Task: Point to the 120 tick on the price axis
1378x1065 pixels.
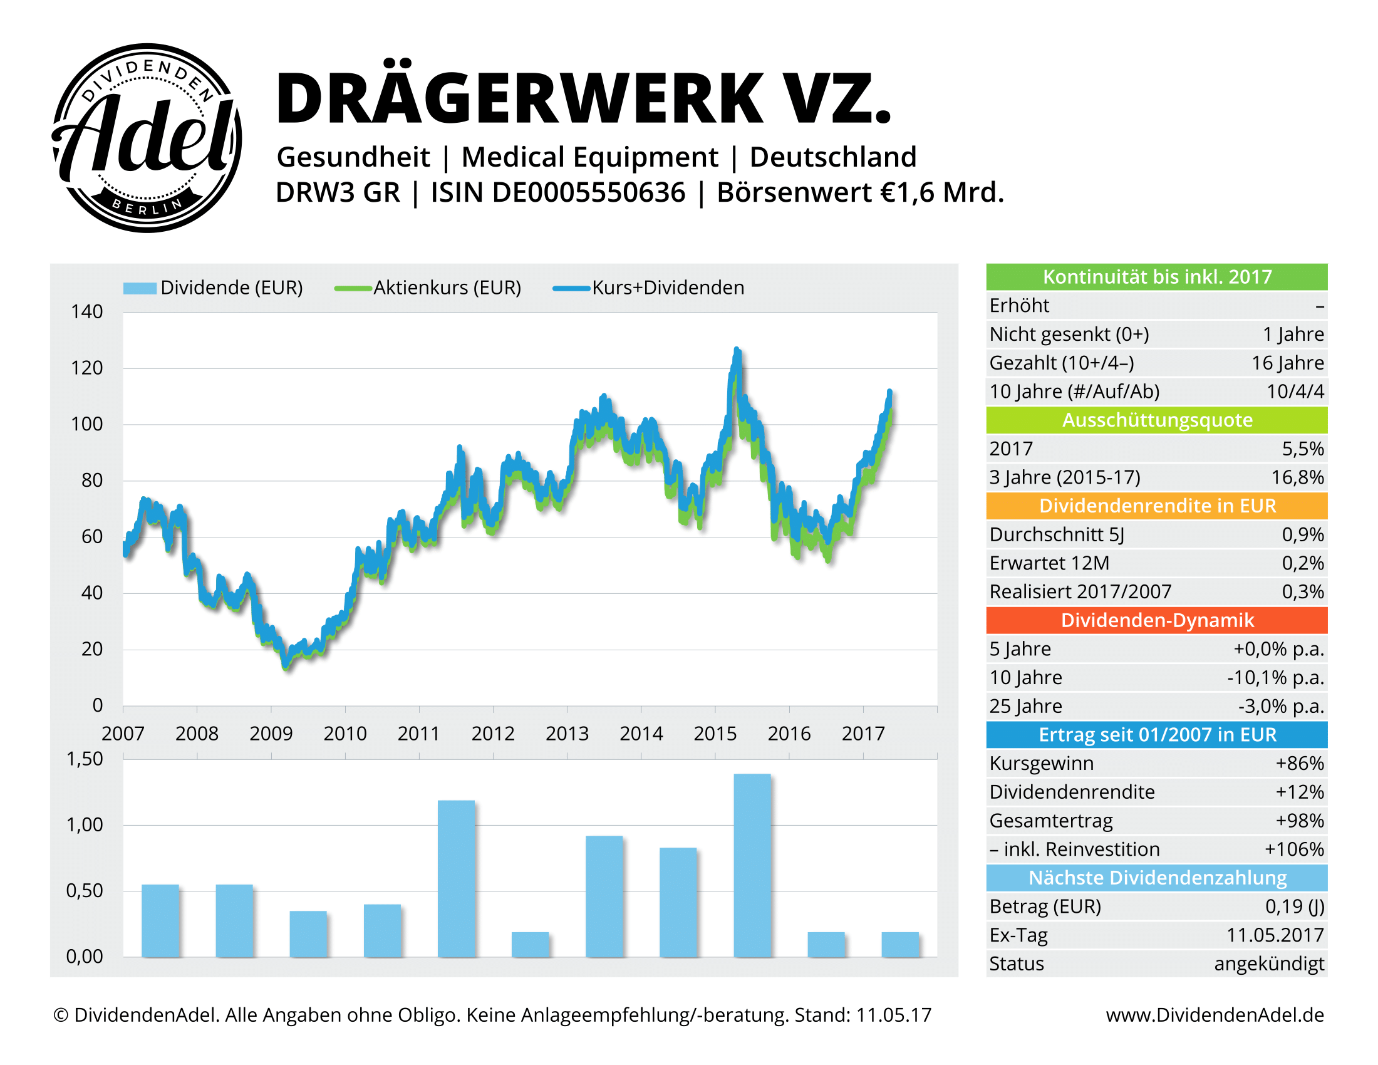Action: (86, 368)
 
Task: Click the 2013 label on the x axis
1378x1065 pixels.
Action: (567, 733)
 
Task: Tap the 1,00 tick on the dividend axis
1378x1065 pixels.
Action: (85, 824)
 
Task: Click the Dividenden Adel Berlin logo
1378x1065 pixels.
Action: (147, 138)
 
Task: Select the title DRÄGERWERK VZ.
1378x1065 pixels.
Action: (583, 98)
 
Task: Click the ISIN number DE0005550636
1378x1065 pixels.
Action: (588, 192)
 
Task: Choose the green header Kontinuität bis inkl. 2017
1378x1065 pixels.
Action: (1156, 277)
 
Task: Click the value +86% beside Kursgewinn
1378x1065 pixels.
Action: (1299, 764)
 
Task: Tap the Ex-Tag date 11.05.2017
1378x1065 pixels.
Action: (1275, 935)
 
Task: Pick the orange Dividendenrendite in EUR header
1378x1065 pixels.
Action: (1156, 506)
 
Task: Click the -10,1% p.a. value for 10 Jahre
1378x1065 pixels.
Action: (1275, 678)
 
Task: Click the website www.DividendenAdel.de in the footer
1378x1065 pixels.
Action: (1214, 1015)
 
